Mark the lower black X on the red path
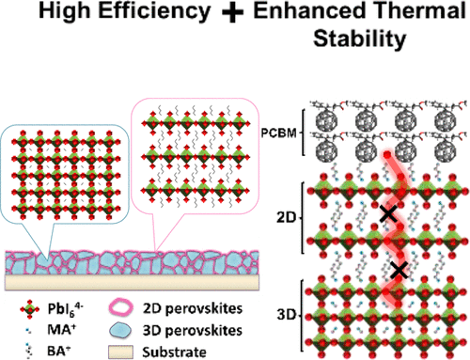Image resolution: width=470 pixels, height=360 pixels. (399, 271)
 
